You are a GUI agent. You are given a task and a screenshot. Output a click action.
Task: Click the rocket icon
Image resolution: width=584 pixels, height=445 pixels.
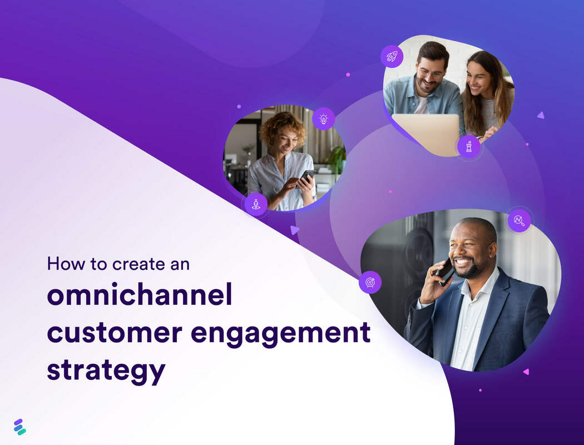pyautogui.click(x=392, y=56)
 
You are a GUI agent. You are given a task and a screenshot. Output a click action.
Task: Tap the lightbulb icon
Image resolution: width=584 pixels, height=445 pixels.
pyautogui.click(x=323, y=118)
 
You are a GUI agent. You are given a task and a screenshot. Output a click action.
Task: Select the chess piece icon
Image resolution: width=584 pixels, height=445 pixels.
pyautogui.click(x=469, y=147)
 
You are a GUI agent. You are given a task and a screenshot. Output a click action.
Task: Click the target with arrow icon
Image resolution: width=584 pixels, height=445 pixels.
pyautogui.click(x=370, y=282)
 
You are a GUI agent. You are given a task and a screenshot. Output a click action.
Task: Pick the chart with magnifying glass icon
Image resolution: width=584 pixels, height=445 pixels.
pyautogui.click(x=519, y=220)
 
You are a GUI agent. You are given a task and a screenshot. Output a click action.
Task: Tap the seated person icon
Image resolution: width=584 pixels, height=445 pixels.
pyautogui.click(x=256, y=204)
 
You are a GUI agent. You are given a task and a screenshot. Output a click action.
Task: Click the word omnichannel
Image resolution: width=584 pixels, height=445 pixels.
pyautogui.click(x=139, y=296)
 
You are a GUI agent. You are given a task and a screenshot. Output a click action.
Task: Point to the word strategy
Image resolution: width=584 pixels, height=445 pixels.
pyautogui.click(x=106, y=370)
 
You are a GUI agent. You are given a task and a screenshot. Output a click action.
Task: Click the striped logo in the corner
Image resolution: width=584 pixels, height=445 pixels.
pyautogui.click(x=20, y=427)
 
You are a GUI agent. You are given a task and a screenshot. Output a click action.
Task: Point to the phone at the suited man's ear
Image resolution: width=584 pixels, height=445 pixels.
pyautogui.click(x=445, y=271)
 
